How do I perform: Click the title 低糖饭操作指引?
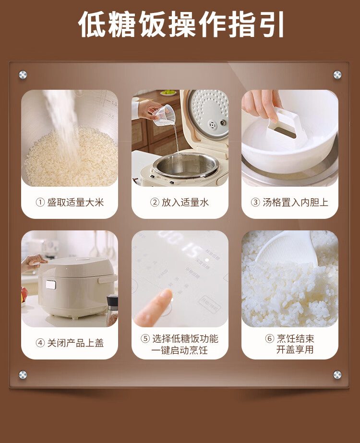181,24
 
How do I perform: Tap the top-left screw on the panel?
23,75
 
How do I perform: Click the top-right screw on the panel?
337,74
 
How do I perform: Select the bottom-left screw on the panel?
23,375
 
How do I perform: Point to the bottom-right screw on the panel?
337,375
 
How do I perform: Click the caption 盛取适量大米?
75,202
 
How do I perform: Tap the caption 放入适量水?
185,202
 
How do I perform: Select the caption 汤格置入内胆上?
295,202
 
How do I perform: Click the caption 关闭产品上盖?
75,343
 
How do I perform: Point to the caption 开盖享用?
295,349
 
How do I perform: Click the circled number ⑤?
145,338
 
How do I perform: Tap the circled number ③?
255,202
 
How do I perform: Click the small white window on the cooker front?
51,285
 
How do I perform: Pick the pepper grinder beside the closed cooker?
112,310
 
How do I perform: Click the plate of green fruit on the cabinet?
168,93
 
